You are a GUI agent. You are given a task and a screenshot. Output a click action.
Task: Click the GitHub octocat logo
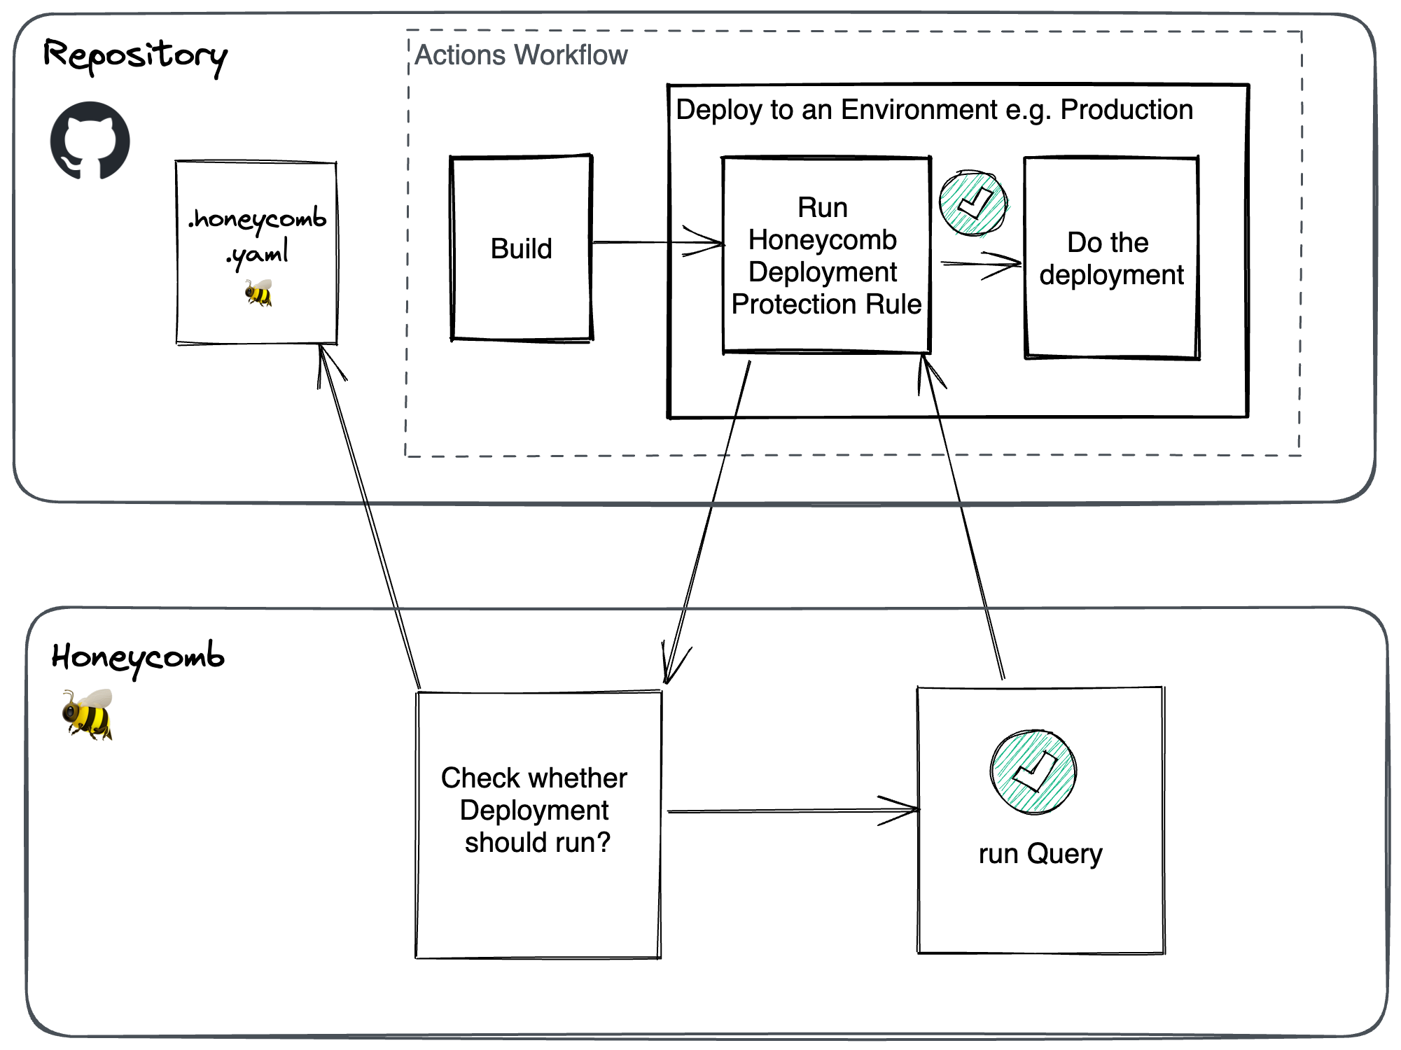tap(90, 141)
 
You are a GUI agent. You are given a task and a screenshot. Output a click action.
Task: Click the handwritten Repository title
tap(135, 55)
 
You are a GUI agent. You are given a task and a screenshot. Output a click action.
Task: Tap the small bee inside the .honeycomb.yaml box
tap(258, 293)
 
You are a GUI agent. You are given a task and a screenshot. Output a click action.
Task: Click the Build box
tap(521, 248)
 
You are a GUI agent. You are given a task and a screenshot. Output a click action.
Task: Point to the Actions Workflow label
tap(521, 55)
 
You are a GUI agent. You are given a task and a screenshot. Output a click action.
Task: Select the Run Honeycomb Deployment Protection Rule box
tap(826, 255)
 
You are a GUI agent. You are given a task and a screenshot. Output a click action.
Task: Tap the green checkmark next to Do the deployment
tap(973, 203)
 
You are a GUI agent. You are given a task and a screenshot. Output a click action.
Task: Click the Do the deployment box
tap(1111, 258)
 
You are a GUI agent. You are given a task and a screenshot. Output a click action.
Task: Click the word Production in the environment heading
tap(1126, 110)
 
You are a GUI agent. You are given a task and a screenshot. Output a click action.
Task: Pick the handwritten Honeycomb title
tap(138, 657)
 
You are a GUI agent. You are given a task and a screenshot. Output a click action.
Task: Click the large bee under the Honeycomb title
tap(88, 714)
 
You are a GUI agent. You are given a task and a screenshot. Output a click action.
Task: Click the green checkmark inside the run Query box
tap(1033, 771)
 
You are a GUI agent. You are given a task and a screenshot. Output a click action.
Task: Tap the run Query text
tap(1040, 854)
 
